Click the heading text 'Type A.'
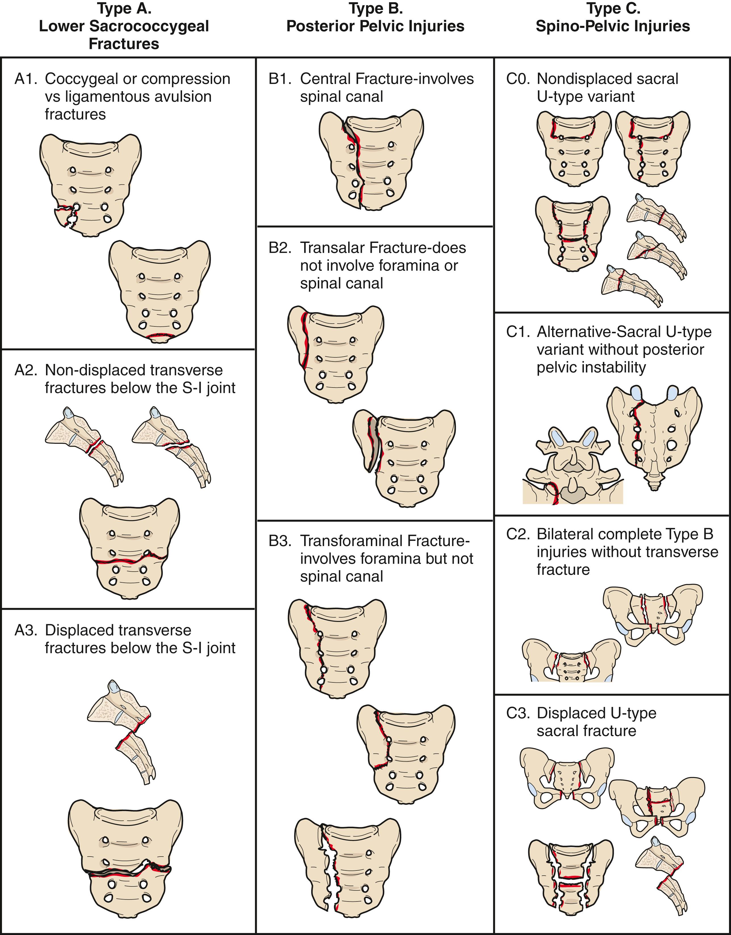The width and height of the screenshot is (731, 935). (124, 9)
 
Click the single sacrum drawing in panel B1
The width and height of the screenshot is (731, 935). (371, 159)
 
